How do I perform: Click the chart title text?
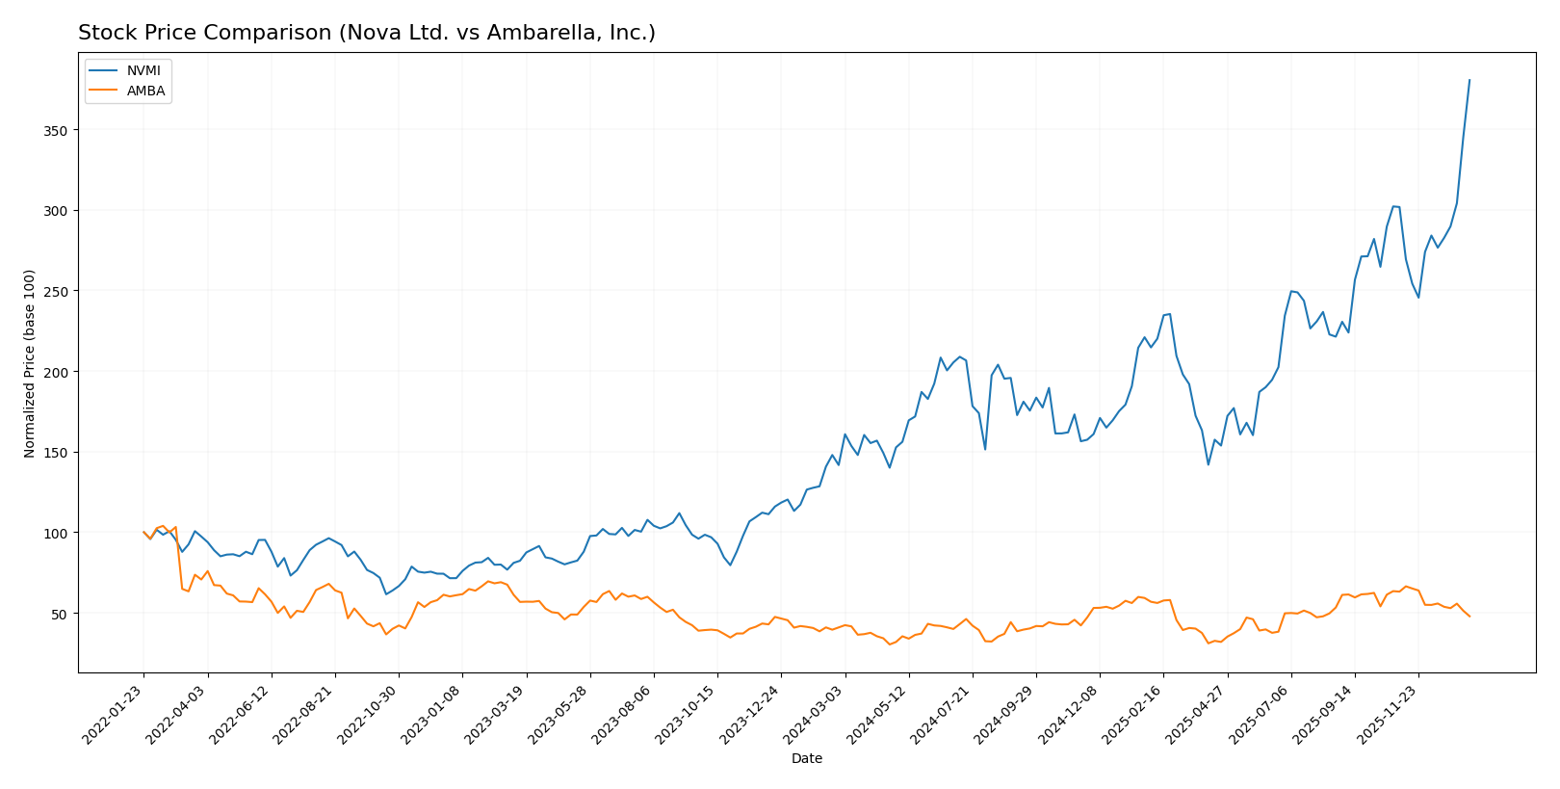click(366, 33)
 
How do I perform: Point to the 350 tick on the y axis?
click(59, 130)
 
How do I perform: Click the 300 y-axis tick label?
click(59, 211)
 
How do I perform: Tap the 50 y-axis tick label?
click(63, 614)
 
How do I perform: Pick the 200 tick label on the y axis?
click(59, 372)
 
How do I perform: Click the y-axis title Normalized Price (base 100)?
click(30, 363)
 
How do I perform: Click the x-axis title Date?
click(806, 758)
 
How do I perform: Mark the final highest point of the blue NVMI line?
click(1469, 80)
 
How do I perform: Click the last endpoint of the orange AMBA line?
click(1469, 617)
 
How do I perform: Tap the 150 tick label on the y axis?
click(59, 453)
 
